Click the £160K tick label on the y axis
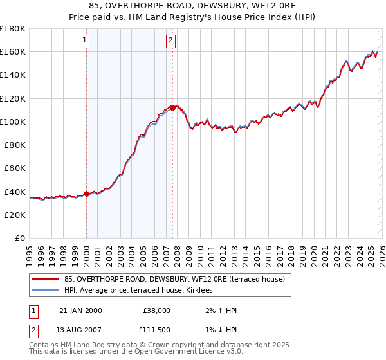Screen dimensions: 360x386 point(13,51)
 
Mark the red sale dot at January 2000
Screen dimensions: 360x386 point(87,194)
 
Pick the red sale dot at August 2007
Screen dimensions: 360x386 point(172,108)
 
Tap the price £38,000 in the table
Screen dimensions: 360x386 point(156,310)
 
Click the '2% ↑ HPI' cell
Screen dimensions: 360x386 point(219,310)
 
